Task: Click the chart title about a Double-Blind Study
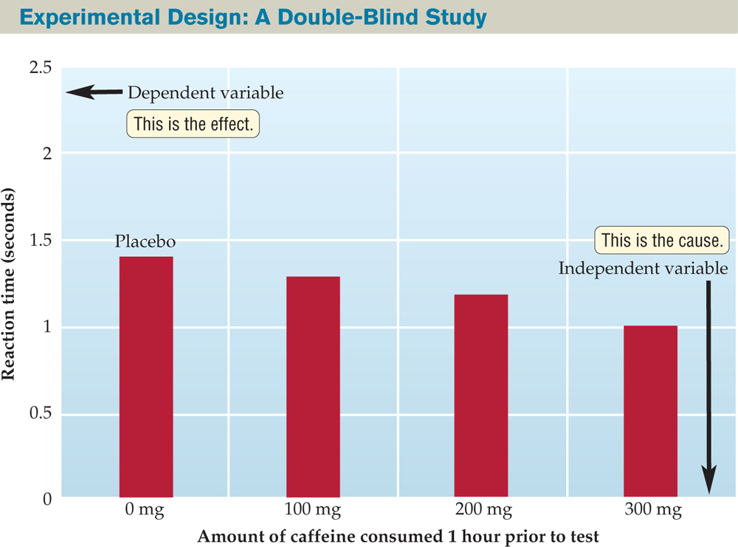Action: [x=244, y=16]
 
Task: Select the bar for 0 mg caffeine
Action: [x=146, y=376]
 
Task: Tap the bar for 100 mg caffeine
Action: [x=313, y=387]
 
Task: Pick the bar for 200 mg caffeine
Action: [x=480, y=396]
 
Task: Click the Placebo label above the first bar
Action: [x=145, y=242]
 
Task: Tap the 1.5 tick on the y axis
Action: [x=41, y=241]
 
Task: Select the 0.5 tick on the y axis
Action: [x=41, y=413]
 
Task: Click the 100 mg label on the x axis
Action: [x=313, y=510]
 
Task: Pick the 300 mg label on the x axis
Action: [x=650, y=510]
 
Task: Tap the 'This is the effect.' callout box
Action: [x=193, y=124]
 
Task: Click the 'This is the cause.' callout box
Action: [x=662, y=241]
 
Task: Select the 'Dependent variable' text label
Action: [x=205, y=94]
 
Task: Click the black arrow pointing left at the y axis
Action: [x=93, y=92]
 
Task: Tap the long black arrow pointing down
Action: [x=708, y=384]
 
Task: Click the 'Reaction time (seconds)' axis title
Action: [x=10, y=284]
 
